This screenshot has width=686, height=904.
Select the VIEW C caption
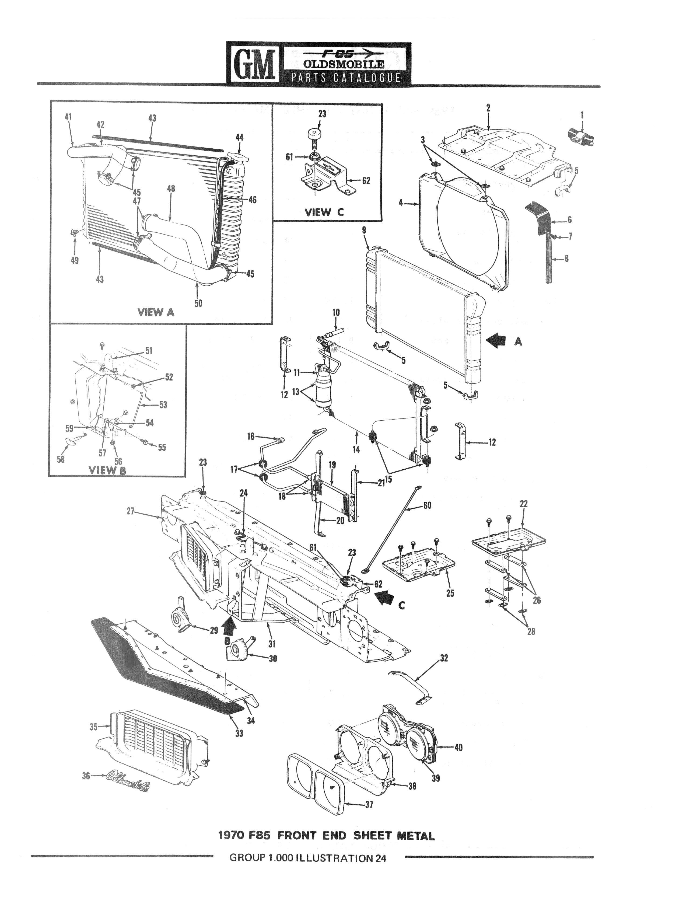pos(325,212)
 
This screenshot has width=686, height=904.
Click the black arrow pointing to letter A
pos(496,340)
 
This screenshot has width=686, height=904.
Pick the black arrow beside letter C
pos(385,598)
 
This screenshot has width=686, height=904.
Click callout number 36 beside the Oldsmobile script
pos(86,775)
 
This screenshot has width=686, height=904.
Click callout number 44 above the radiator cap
pos(239,137)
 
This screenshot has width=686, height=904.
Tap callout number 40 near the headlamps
pos(458,748)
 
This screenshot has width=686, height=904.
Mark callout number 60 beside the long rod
pos(427,505)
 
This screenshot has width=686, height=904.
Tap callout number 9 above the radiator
pos(364,231)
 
